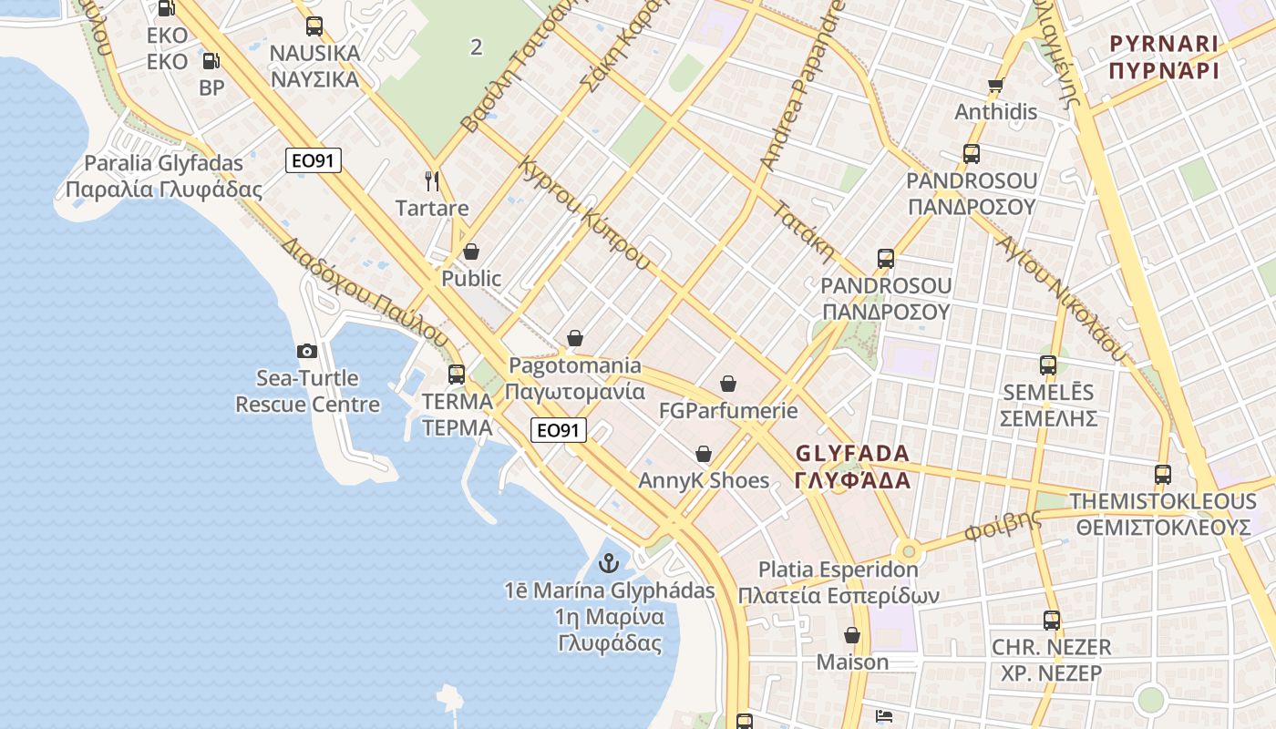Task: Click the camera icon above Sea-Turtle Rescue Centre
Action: (x=307, y=351)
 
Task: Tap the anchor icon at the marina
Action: (x=609, y=564)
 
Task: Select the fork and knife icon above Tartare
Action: (x=432, y=181)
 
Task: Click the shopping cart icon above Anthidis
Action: (x=995, y=87)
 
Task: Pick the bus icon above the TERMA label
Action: (x=457, y=375)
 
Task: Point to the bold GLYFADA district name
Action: (x=852, y=454)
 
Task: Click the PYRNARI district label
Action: (x=1164, y=44)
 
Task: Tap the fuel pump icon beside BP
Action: (x=211, y=62)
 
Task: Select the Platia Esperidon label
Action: (x=839, y=570)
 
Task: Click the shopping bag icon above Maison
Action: (x=852, y=635)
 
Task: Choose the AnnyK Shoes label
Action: (x=704, y=480)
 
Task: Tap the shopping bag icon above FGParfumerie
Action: (x=728, y=385)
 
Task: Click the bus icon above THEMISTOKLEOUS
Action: (x=1163, y=475)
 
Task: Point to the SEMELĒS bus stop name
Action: (x=1048, y=393)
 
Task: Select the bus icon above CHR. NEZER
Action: (x=1052, y=621)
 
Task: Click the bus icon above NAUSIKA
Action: (x=314, y=26)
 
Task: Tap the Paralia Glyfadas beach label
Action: (x=164, y=164)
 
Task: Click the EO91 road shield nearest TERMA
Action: (x=558, y=430)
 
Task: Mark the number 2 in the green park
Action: (x=476, y=47)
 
